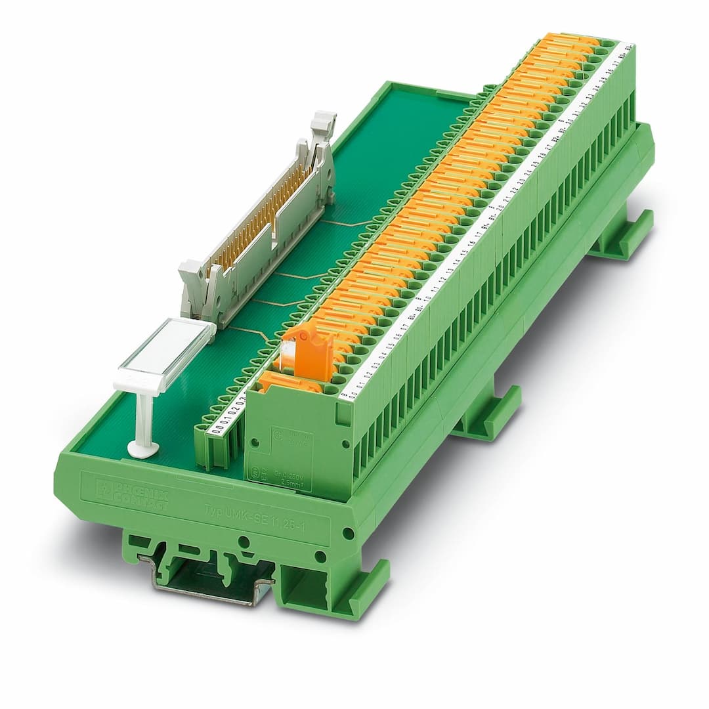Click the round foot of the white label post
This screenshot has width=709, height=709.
143,449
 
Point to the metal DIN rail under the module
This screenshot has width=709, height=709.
210,578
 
